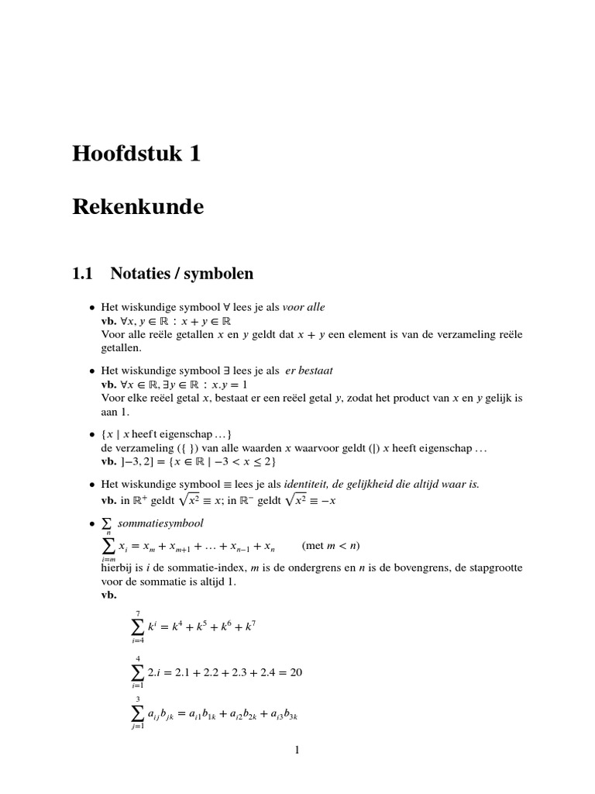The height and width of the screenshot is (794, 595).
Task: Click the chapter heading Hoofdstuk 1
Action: coord(136,154)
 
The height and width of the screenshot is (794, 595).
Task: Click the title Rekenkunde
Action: coord(138,208)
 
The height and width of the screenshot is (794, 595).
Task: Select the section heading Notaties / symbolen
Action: coord(182,273)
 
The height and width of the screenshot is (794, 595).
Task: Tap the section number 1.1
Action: coord(82,273)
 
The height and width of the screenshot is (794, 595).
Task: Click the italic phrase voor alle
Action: coord(304,307)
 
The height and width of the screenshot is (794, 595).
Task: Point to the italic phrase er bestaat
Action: coord(309,371)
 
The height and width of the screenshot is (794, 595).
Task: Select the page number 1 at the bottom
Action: coord(297,749)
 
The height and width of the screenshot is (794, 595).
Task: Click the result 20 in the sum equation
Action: coord(296,672)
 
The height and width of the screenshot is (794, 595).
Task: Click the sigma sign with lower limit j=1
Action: coord(137,715)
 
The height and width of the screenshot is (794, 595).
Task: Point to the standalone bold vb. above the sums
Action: coord(108,595)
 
